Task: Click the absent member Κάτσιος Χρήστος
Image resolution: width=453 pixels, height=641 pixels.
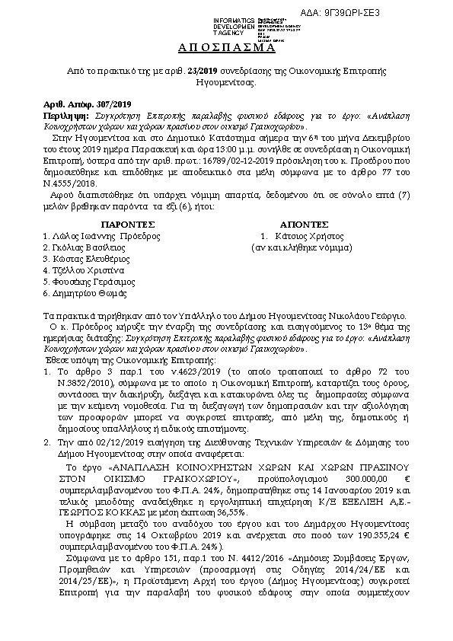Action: pyautogui.click(x=303, y=236)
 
